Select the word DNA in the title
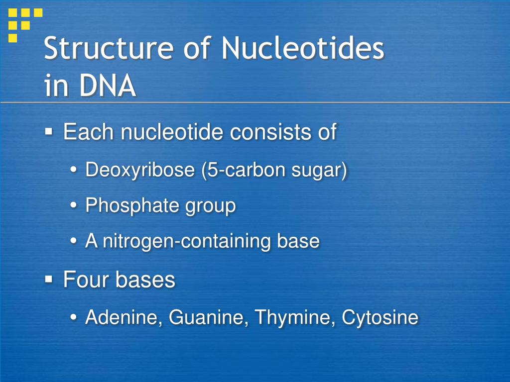[x=108, y=86]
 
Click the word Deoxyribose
[x=140, y=170]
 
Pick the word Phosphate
[x=132, y=205]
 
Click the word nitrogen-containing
[x=187, y=241]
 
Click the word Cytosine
[x=380, y=317]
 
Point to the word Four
[x=86, y=280]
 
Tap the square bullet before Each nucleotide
[x=49, y=131]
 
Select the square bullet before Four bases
[x=49, y=279]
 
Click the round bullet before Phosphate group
[x=74, y=205]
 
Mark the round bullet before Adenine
[x=74, y=317]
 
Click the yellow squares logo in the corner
[x=25, y=25]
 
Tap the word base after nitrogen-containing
[x=298, y=241]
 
